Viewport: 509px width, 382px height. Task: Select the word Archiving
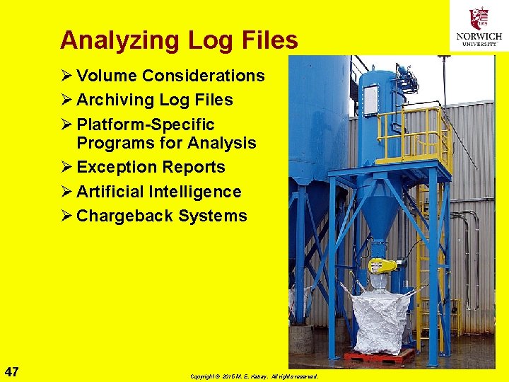(117, 100)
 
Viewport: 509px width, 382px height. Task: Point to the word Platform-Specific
(145, 125)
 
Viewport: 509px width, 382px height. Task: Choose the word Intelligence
(195, 192)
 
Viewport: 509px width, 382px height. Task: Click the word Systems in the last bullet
(213, 216)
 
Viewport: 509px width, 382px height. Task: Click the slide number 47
(11, 371)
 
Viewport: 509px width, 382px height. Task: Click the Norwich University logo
(479, 26)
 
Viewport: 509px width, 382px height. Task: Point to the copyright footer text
(254, 376)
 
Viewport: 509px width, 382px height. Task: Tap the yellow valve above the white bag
(382, 266)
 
